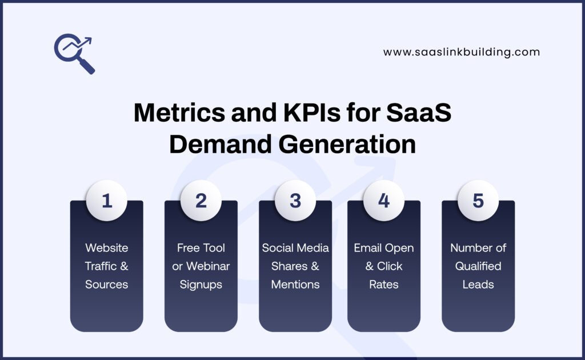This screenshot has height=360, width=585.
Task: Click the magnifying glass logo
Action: pyautogui.click(x=74, y=54)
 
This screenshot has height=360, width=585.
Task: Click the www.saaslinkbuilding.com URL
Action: pyautogui.click(x=462, y=52)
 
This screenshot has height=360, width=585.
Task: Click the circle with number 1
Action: pyautogui.click(x=107, y=201)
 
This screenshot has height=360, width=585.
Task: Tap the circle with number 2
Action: pyautogui.click(x=201, y=201)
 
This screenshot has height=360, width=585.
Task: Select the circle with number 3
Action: pyautogui.click(x=295, y=201)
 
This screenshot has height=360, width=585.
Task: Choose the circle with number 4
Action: pyautogui.click(x=384, y=201)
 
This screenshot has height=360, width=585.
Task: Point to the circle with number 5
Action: pyautogui.click(x=478, y=201)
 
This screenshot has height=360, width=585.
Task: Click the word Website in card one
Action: pyautogui.click(x=107, y=248)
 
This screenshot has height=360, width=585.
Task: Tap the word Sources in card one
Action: pyautogui.click(x=107, y=285)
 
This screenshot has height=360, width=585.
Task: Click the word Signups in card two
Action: pyautogui.click(x=201, y=285)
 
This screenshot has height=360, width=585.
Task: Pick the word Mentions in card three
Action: pyautogui.click(x=295, y=285)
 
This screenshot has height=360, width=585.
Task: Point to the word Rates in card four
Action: pyautogui.click(x=384, y=285)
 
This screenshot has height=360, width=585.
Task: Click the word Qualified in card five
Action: pyautogui.click(x=478, y=266)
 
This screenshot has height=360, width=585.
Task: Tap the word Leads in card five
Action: pyautogui.click(x=478, y=285)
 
